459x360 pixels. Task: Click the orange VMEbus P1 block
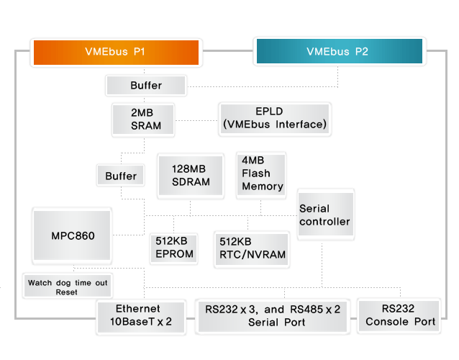(117, 53)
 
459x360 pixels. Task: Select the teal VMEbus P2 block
(340, 51)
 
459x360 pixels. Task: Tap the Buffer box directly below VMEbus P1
(146, 85)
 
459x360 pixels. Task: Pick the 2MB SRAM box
(143, 120)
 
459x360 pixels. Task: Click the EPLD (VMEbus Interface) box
(275, 119)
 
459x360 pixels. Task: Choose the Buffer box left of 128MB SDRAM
(121, 176)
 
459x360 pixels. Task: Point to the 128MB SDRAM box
(191, 176)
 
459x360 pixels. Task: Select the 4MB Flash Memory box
(261, 175)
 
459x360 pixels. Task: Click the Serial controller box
(325, 215)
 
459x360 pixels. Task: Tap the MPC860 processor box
(72, 235)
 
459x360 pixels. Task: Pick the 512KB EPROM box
(174, 248)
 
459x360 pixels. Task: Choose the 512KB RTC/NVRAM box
(252, 249)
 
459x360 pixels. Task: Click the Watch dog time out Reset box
(68, 286)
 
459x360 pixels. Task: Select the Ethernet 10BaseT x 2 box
(141, 318)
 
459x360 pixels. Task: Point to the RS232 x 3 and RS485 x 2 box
(273, 316)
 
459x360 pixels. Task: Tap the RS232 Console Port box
(399, 315)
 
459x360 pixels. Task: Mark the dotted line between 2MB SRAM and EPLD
(196, 120)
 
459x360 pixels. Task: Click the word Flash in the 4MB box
(256, 174)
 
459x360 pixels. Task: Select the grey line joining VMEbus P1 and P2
(228, 50)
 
